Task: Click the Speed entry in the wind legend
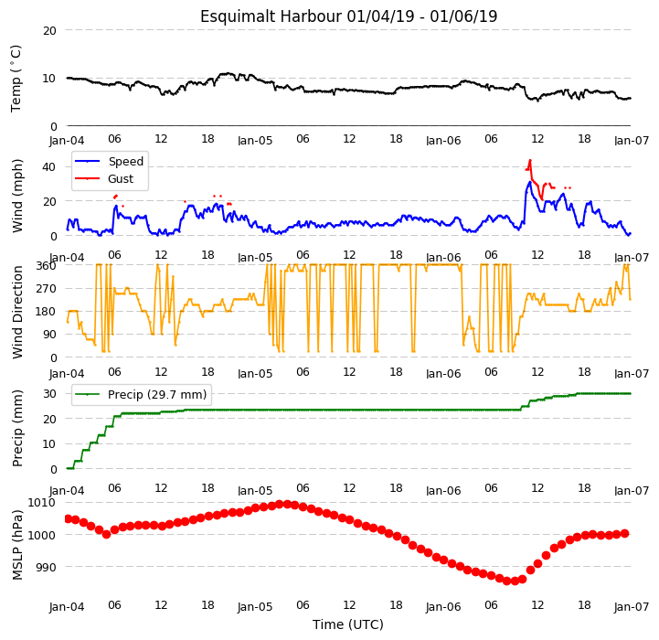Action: (x=125, y=162)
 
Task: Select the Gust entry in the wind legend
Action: (x=121, y=179)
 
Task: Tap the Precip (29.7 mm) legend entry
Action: (x=157, y=394)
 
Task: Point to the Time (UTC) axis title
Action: (x=348, y=624)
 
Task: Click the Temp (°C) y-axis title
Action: (x=16, y=79)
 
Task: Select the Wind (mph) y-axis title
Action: (x=16, y=196)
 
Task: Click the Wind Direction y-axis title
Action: (x=17, y=312)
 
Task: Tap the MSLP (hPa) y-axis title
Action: (x=17, y=545)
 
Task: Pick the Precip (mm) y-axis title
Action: (x=17, y=428)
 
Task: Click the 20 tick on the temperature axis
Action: (x=49, y=31)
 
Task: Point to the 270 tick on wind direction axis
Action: (x=47, y=289)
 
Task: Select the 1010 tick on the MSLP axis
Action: (x=42, y=503)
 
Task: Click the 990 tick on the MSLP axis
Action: (x=46, y=568)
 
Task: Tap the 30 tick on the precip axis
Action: (x=49, y=394)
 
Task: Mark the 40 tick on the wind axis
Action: (x=49, y=167)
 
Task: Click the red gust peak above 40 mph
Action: (x=530, y=160)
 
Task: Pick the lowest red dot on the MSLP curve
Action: (x=515, y=581)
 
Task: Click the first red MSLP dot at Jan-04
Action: (x=68, y=519)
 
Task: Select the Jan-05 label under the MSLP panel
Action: (x=255, y=607)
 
